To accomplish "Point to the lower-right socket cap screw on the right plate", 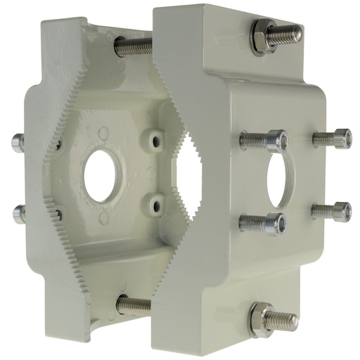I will coord(335,211).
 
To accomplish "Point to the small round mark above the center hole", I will coord(104,131).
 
